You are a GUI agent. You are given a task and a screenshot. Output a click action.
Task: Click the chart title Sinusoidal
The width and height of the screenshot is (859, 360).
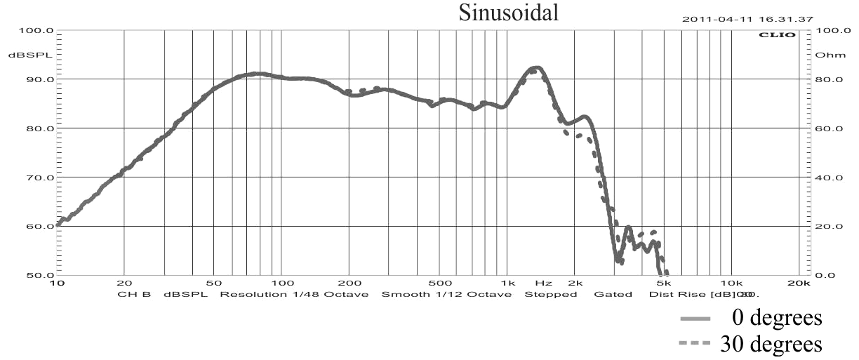(x=509, y=14)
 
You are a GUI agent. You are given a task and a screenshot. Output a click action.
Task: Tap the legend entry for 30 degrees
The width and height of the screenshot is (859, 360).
(x=771, y=345)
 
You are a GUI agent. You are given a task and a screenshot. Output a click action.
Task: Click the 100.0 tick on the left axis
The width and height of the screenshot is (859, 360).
(x=39, y=31)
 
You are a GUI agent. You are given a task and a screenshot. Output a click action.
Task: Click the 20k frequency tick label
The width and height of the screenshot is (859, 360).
(x=799, y=283)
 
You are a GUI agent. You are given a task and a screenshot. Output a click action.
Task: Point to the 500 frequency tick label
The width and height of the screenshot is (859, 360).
(x=440, y=283)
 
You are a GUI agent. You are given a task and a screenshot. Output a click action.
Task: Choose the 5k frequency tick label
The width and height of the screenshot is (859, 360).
(x=663, y=283)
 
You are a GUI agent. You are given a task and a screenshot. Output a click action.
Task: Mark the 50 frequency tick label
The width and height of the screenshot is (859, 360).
(x=214, y=283)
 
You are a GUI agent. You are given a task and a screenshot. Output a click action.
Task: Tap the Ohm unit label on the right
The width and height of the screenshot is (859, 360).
(x=826, y=55)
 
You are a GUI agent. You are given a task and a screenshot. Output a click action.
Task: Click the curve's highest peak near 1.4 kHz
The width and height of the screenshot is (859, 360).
(x=535, y=67)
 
